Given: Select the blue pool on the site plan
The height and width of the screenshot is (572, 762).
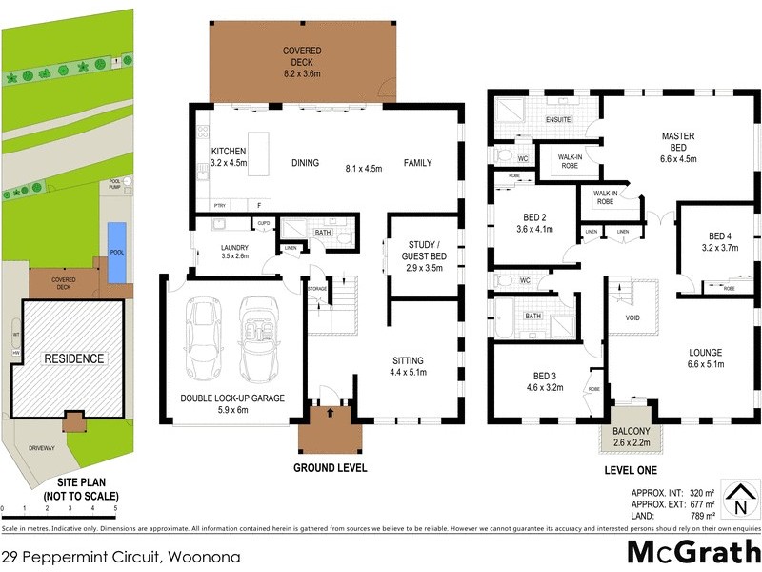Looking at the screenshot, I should coord(115,252).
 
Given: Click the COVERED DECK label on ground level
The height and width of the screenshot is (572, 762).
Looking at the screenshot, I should coord(301,57).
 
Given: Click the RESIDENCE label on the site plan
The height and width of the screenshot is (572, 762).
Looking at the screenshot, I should coord(72,358).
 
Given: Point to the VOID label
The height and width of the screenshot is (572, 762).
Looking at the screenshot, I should coord(632,319).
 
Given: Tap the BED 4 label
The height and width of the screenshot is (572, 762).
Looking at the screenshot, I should coord(720,236).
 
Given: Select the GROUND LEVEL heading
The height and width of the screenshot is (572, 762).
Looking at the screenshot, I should coord(330,468).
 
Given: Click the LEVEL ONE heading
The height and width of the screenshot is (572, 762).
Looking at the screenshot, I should coord(632,472).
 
